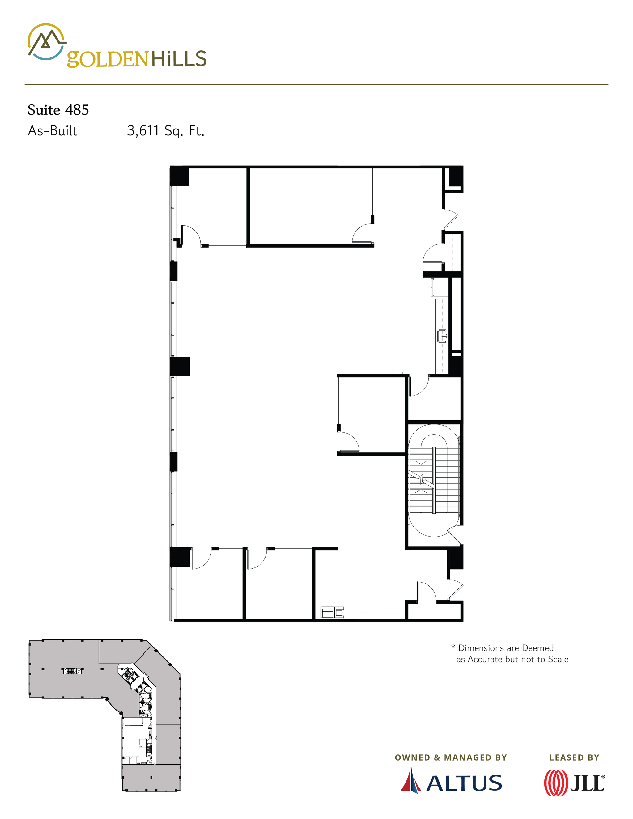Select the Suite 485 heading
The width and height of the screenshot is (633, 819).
pos(58,110)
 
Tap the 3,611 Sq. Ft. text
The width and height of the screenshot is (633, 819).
pos(165,130)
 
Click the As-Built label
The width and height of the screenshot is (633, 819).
pos(53,130)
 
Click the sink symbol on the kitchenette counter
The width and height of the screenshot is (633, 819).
pos(442,336)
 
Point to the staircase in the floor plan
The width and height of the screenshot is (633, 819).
pos(434,480)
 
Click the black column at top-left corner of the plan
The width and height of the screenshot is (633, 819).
pos(179,176)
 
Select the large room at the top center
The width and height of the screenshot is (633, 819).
pos(309,206)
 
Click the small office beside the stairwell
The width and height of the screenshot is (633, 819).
pos(371,414)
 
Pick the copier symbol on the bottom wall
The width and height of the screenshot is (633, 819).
pos(332,612)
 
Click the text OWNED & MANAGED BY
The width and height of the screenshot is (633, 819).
pos(451,757)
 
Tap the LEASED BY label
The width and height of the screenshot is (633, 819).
pos(574,757)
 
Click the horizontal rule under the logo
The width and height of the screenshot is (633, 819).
pos(316,85)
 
